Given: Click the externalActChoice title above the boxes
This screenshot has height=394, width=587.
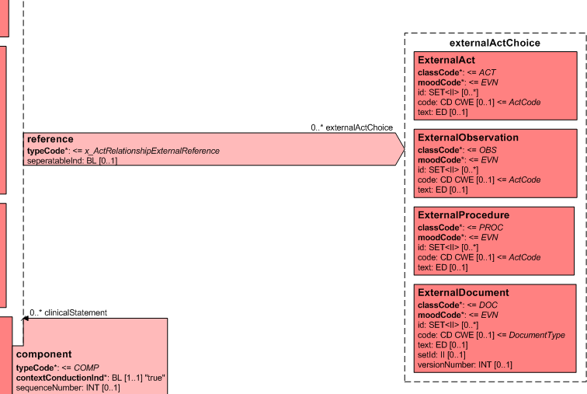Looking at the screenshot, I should click(x=495, y=44).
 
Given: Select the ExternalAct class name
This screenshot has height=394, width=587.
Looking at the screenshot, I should click(x=446, y=60).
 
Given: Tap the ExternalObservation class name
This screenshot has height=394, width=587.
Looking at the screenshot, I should click(x=467, y=138).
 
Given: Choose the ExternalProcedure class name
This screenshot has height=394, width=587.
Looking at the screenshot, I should click(x=463, y=214).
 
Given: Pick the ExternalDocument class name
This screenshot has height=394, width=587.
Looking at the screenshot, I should click(x=463, y=293).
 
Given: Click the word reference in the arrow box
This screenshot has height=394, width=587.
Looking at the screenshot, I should click(x=50, y=139).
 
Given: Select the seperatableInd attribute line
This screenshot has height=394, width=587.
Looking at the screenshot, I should click(x=71, y=160).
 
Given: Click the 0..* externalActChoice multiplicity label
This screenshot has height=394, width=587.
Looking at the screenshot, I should click(x=352, y=127).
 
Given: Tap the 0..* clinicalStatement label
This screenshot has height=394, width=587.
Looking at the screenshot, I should click(x=68, y=312).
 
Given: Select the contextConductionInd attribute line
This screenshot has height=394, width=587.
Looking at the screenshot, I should click(x=90, y=377).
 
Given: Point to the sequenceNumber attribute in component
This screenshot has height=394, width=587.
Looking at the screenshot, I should click(x=68, y=387).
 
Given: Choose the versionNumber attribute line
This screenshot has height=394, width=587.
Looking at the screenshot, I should click(x=464, y=364).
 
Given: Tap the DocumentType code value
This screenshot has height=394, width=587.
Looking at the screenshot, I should click(x=537, y=335).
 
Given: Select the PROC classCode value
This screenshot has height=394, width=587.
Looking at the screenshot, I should click(x=488, y=227).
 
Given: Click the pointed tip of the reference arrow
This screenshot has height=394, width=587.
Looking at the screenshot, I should click(x=404, y=148).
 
